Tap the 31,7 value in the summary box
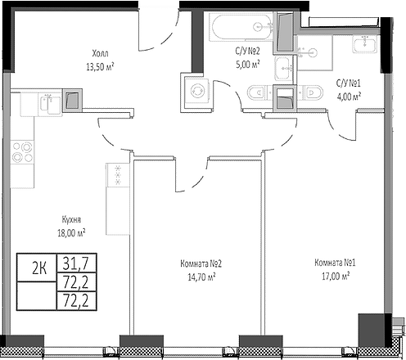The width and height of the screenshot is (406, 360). tap(73, 264)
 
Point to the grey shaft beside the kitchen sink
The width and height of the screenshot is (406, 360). tap(72, 100)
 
